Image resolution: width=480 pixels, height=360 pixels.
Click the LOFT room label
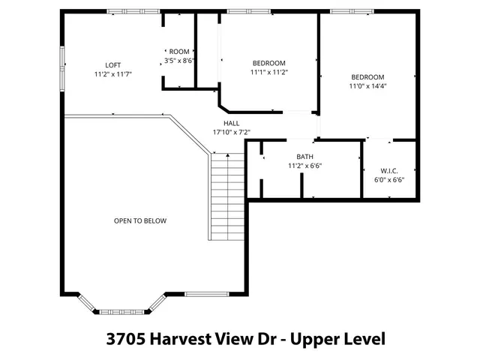[x=113, y=65]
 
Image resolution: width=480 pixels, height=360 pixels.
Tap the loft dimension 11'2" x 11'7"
[x=113, y=74]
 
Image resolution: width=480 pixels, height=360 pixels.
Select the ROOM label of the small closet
[x=179, y=52]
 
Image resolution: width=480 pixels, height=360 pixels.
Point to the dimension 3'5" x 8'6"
[x=179, y=61]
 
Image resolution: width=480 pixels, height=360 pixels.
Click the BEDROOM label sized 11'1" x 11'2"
[x=268, y=63]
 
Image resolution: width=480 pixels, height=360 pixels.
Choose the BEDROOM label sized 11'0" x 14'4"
[x=367, y=77]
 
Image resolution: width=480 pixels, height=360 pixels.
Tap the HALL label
[x=231, y=123]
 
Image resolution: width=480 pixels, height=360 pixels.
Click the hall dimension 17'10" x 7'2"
[x=231, y=132]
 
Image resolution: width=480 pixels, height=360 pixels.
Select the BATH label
[x=304, y=157]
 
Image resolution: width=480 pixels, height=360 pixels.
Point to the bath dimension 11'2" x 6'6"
[x=304, y=166]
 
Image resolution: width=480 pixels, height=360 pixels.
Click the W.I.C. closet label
[x=389, y=170]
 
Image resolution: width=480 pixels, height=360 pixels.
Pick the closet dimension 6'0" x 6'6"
[x=389, y=179]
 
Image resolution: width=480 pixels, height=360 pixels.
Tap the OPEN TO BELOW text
[x=139, y=220]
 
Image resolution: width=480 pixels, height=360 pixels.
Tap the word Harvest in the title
[x=181, y=338]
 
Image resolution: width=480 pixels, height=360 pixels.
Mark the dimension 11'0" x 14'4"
[x=367, y=86]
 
